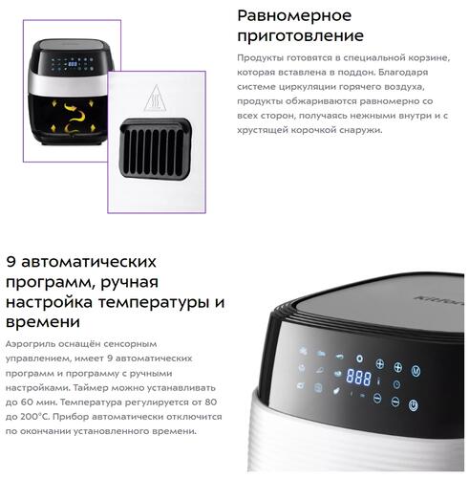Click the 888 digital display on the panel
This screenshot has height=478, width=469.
click(358, 377)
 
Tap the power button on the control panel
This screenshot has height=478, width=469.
click(412, 405)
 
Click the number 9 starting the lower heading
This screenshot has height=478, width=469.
click(12, 262)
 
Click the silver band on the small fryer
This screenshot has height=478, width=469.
click(67, 87)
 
